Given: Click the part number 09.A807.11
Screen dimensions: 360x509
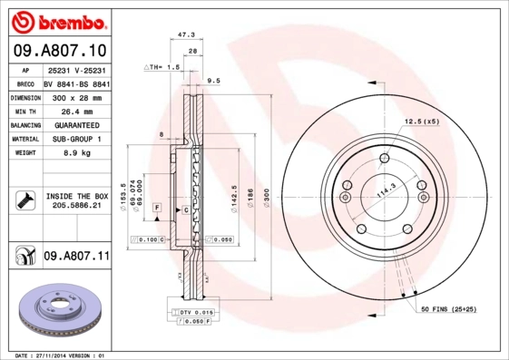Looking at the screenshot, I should point(76,258).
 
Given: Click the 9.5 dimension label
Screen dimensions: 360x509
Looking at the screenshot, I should point(214,81).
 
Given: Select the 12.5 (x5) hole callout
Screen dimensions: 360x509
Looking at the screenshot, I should point(421,121).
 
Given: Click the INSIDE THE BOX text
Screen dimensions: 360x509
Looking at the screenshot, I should point(77,196).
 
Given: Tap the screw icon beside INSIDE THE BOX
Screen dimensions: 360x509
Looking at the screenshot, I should point(25,200).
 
